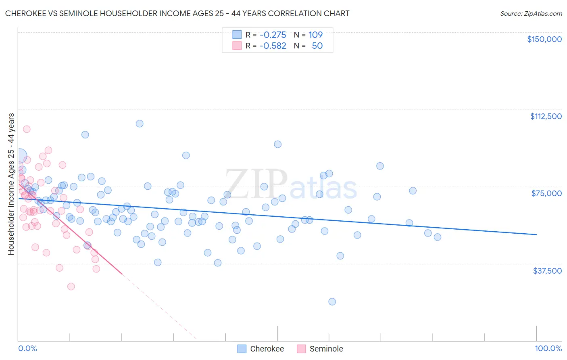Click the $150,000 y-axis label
click(544, 39)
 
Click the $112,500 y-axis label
click(546, 116)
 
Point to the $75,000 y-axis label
click(546, 193)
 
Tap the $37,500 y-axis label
click(547, 271)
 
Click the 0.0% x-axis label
click(27, 348)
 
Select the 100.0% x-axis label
click(548, 348)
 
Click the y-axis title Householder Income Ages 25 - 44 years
click(11, 184)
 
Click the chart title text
click(177, 13)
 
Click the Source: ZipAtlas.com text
click(531, 14)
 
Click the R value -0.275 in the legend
click(273, 35)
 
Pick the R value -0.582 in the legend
click(273, 46)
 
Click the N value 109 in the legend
click(315, 35)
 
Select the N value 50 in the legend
click(317, 46)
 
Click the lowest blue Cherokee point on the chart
click(332, 301)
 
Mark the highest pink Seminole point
click(27, 129)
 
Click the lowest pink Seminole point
click(71, 287)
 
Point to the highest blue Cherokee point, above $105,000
click(140, 123)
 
